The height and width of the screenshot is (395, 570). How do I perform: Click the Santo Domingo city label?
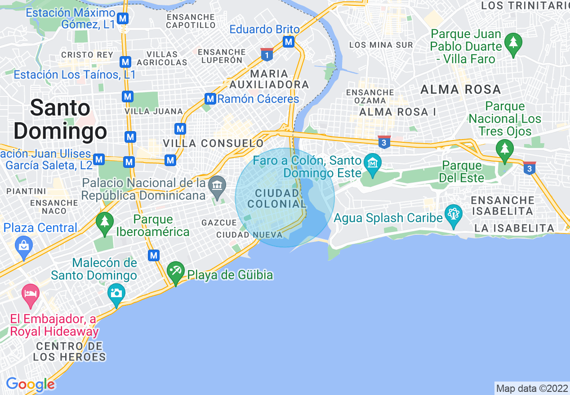tap(60, 120)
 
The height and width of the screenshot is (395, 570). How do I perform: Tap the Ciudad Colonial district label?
tap(277, 198)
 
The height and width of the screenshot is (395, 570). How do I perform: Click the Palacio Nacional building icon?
tap(218, 184)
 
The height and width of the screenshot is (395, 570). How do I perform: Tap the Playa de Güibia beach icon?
tap(175, 271)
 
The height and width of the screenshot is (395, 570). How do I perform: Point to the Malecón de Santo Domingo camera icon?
tap(116, 293)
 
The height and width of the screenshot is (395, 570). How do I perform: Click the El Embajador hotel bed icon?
tap(31, 294)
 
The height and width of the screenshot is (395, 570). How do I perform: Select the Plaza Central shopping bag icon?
tap(23, 245)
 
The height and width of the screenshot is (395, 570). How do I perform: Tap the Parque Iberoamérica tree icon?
tap(105, 221)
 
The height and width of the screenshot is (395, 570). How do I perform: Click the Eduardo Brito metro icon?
tap(288, 42)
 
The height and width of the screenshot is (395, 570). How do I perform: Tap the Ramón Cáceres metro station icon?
tap(209, 99)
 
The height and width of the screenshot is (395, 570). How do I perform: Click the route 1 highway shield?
tap(267, 54)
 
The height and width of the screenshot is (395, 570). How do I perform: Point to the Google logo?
tap(30, 385)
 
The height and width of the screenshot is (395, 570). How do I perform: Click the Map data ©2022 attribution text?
tap(531, 388)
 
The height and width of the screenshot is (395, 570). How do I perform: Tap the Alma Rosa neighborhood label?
tap(461, 89)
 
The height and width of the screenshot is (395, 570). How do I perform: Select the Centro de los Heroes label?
tap(70, 352)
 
